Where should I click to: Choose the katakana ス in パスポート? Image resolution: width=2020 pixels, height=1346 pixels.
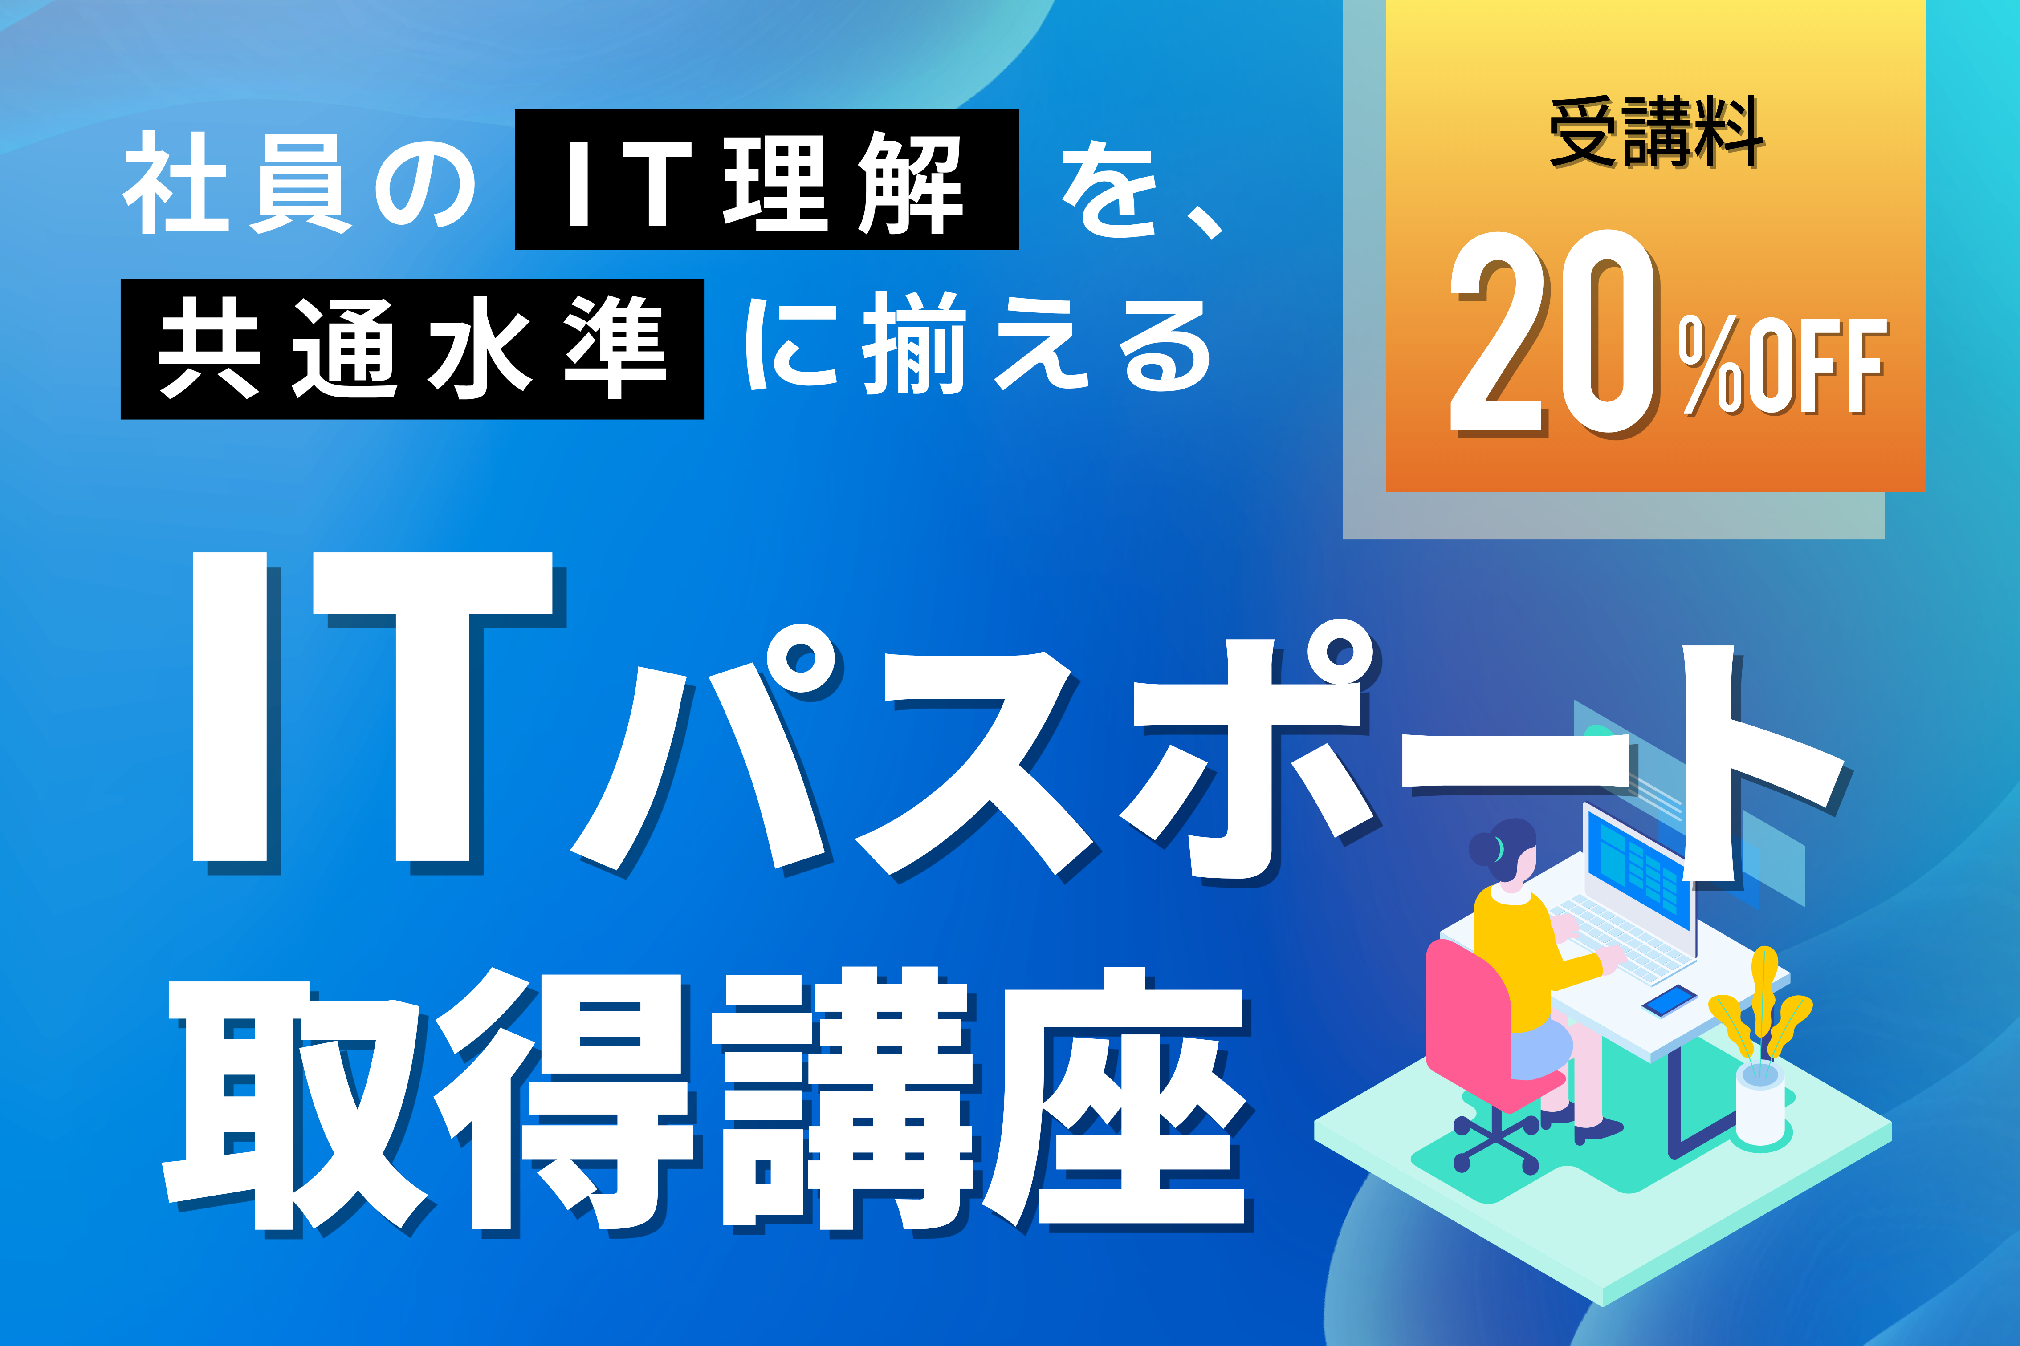975,764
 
